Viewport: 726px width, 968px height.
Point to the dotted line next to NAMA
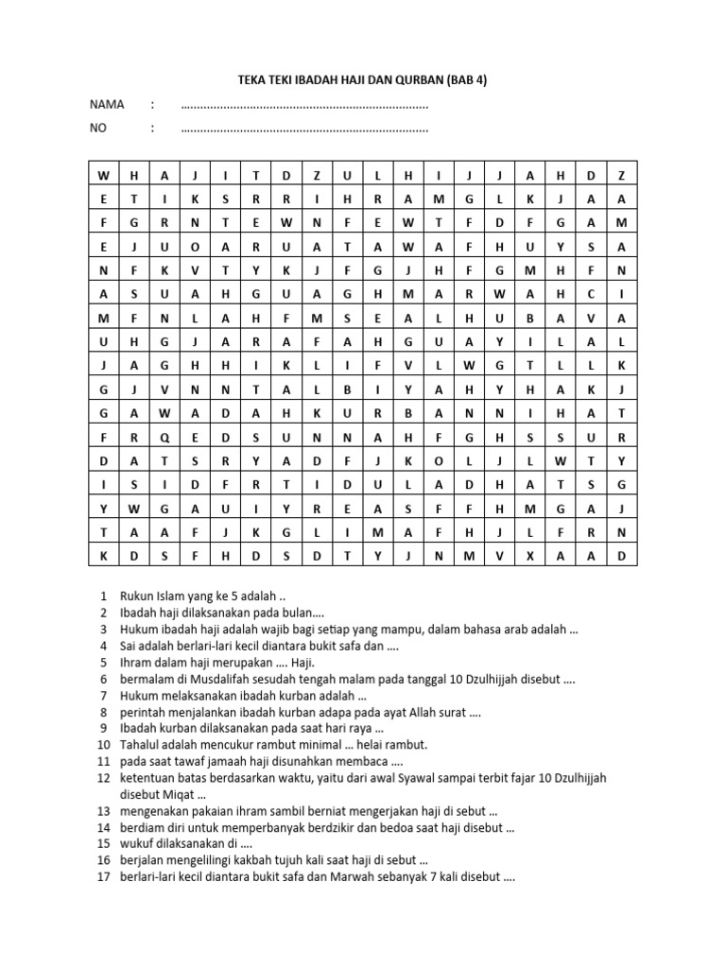[x=303, y=106]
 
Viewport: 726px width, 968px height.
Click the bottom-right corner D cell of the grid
[x=621, y=557]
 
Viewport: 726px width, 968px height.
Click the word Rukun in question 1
[x=136, y=597]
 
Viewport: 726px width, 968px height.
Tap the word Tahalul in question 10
[x=140, y=745]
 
